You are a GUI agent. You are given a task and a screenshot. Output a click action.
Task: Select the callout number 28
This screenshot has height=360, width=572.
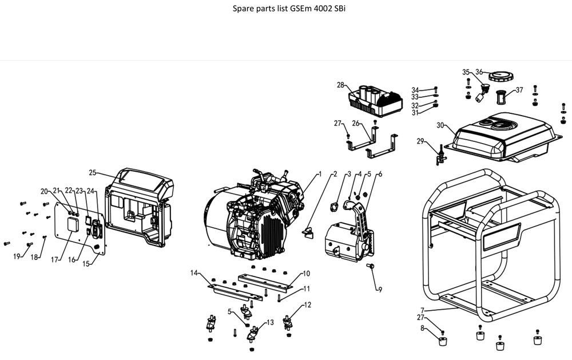340,85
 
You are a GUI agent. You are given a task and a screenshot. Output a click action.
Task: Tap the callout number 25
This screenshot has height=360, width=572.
92,172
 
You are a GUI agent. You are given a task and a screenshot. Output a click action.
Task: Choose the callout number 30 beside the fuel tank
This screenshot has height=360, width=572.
440,125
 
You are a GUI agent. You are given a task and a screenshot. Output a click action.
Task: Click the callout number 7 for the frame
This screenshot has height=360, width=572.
422,310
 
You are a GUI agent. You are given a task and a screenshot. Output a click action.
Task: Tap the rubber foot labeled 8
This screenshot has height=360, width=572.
443,341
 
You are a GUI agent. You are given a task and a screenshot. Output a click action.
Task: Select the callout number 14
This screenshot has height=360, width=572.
194,273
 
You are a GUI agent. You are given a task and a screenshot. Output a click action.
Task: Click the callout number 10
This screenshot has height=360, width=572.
307,273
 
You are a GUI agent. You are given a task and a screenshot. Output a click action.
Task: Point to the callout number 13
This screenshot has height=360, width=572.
270,322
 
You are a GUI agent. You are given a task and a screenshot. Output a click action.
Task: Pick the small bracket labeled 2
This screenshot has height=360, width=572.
308,233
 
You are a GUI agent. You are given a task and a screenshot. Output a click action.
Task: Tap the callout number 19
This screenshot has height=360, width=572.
17,256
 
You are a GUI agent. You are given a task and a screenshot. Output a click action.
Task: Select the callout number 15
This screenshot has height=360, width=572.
86,264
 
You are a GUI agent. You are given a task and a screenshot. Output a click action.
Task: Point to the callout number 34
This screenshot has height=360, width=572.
415,90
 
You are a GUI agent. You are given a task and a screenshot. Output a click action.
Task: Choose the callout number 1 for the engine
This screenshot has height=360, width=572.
320,174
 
